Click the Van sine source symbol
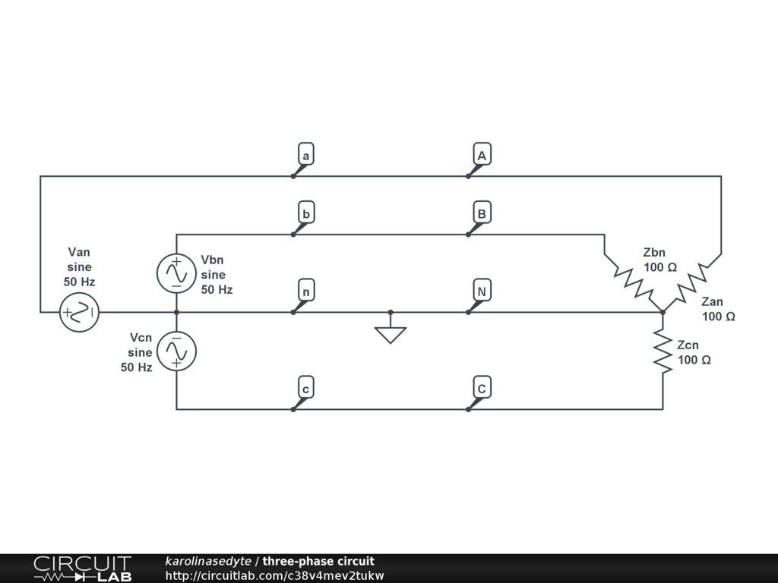point(79,312)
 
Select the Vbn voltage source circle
point(176,273)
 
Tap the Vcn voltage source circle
point(176,351)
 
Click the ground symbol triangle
point(391,334)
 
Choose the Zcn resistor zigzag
point(663,351)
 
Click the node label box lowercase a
point(305,155)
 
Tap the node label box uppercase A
point(481,155)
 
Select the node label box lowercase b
point(305,213)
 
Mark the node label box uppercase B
point(481,213)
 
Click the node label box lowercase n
point(305,291)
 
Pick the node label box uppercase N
point(481,291)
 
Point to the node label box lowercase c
point(305,388)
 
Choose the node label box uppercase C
point(481,388)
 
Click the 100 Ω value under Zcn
point(694,360)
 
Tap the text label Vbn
point(213,260)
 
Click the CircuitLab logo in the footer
point(82,569)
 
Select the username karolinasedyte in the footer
point(207,562)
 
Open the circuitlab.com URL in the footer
point(274,575)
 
